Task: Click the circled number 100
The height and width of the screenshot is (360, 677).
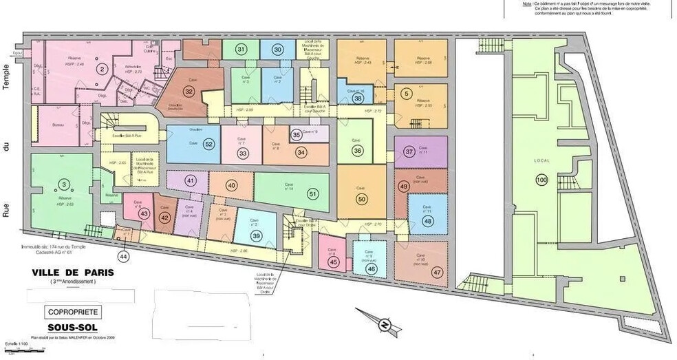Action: (x=541, y=180)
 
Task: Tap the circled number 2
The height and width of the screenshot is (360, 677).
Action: (x=101, y=68)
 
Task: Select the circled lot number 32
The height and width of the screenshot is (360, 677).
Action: (x=189, y=91)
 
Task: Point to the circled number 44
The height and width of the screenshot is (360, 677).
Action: (x=123, y=256)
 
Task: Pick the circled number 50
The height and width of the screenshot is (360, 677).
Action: (x=362, y=198)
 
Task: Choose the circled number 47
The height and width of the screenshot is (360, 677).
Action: (x=437, y=272)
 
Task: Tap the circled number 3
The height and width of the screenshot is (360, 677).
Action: (x=63, y=184)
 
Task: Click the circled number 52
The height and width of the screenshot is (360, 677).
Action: (x=208, y=144)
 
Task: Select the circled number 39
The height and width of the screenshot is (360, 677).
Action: (x=256, y=236)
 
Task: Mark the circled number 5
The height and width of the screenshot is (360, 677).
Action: (x=407, y=94)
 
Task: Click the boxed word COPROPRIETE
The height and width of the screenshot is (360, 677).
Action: (x=74, y=312)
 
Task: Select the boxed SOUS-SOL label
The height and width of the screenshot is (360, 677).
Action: (x=73, y=328)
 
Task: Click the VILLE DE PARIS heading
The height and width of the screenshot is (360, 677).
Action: (x=73, y=272)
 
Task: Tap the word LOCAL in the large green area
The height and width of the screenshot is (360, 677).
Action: (x=541, y=159)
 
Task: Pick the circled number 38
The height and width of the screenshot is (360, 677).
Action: (x=358, y=98)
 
